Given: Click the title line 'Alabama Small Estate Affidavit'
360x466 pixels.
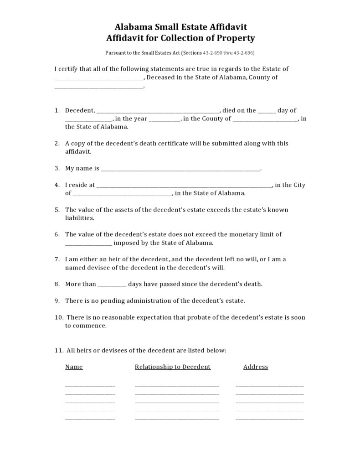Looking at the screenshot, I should coord(180,27).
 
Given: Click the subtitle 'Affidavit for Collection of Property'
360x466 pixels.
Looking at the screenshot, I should coord(180,38).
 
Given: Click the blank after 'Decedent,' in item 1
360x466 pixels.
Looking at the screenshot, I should coord(158,111).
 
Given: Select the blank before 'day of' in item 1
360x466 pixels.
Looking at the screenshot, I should coord(267,111).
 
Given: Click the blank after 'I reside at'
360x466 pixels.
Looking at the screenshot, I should coord(185,186).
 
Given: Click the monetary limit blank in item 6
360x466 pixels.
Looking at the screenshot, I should coord(88,243).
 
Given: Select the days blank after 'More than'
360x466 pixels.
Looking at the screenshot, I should coord(112,285).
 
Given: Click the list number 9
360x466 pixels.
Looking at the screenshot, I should coord(57,301).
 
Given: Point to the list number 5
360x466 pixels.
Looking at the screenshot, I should coord(57,210).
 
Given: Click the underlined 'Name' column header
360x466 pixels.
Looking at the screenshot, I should coord(74,367).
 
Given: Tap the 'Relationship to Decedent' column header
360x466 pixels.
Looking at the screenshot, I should coord(173,367).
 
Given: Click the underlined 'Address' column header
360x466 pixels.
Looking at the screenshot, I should coord(256,367).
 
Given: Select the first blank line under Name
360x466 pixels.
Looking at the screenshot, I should coord(90,385).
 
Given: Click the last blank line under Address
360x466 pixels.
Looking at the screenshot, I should coord(269,418).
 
